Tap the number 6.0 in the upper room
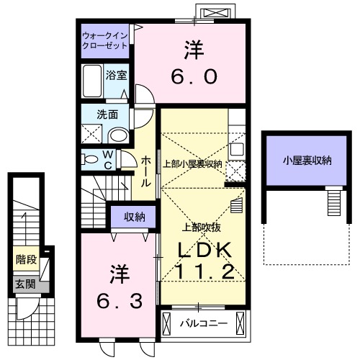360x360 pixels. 192,76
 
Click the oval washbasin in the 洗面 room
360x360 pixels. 118,135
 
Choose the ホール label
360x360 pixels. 145,171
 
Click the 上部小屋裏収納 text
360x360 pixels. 192,163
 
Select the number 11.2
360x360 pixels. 204,271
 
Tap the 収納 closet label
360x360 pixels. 135,216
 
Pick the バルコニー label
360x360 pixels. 204,323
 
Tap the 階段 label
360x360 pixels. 27,258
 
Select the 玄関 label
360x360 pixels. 25,284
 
